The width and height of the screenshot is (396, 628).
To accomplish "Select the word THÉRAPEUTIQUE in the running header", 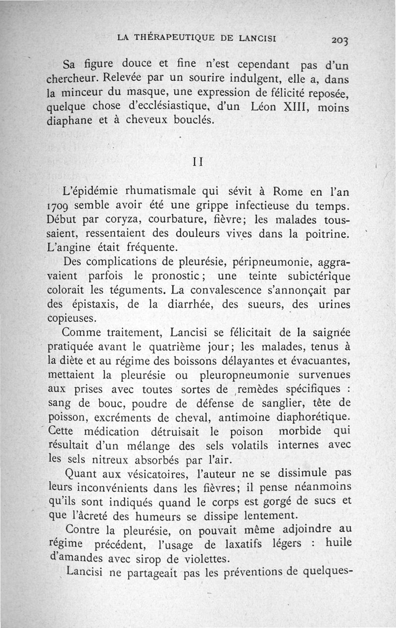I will click(x=173, y=37).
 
